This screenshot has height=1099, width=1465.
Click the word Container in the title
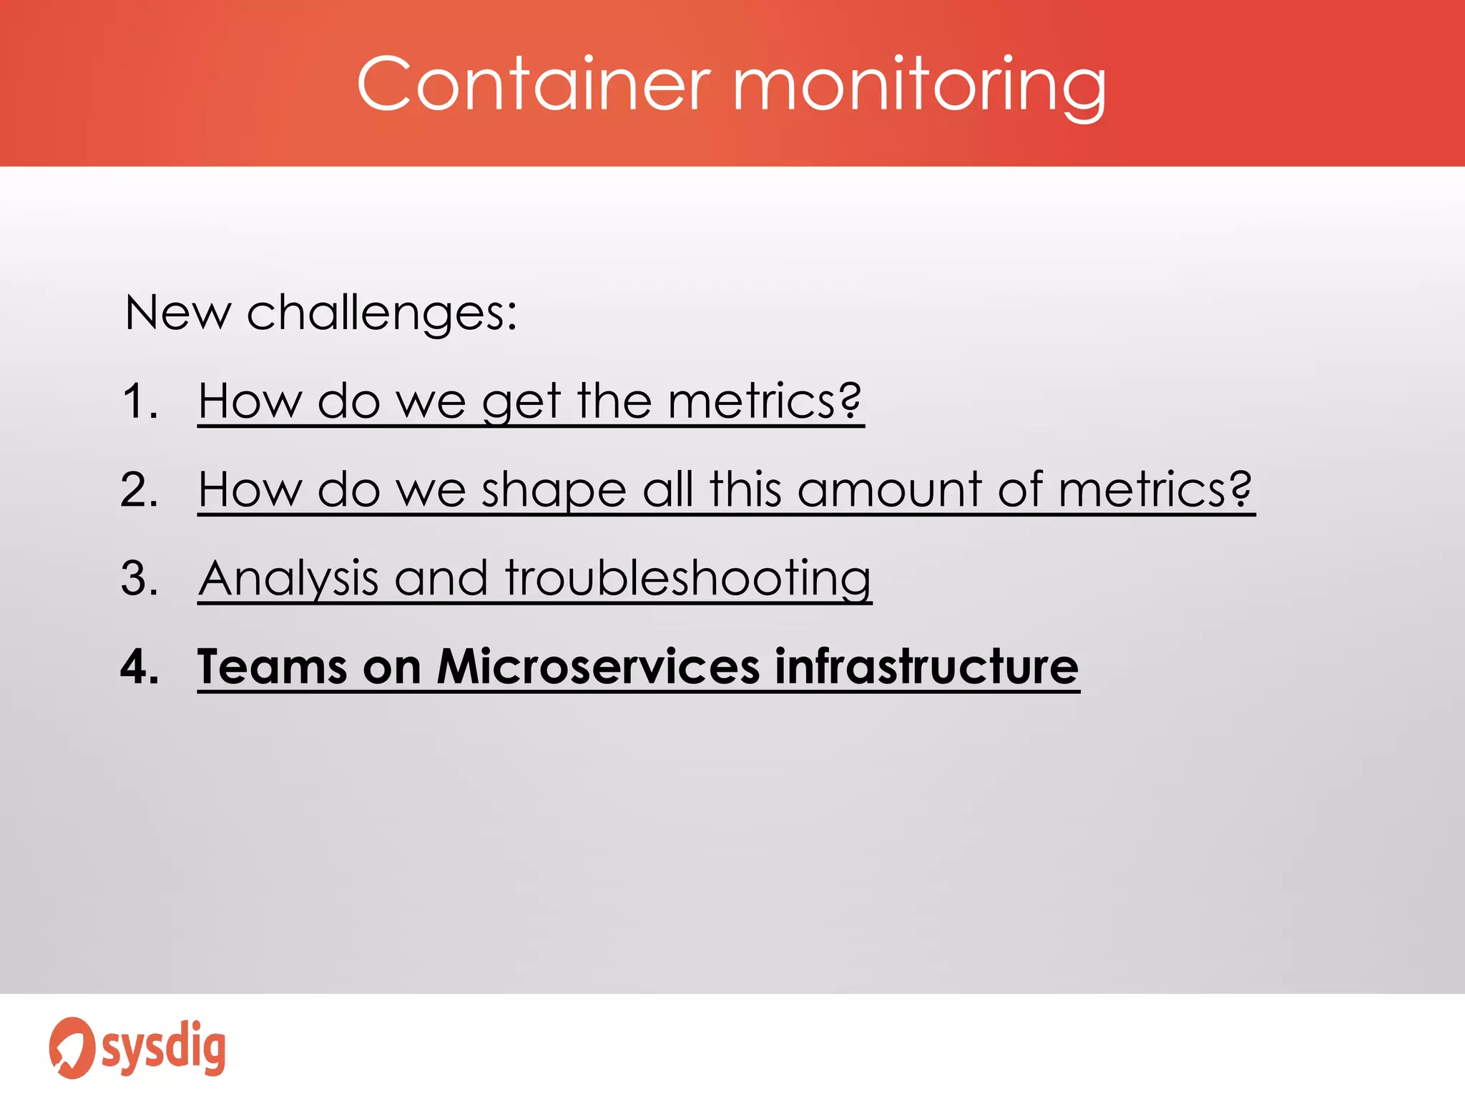tap(533, 84)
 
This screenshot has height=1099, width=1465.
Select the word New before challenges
tap(177, 313)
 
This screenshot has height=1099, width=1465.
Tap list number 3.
tap(139, 578)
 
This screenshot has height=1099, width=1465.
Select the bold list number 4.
tap(139, 667)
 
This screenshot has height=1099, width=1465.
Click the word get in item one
tap(521, 403)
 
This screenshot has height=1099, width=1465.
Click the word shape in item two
tap(554, 492)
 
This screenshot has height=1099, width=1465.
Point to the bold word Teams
tap(272, 667)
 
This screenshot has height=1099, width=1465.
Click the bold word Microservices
tap(598, 667)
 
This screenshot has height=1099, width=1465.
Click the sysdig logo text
tap(164, 1048)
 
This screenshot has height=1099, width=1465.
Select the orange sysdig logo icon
tap(71, 1047)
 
